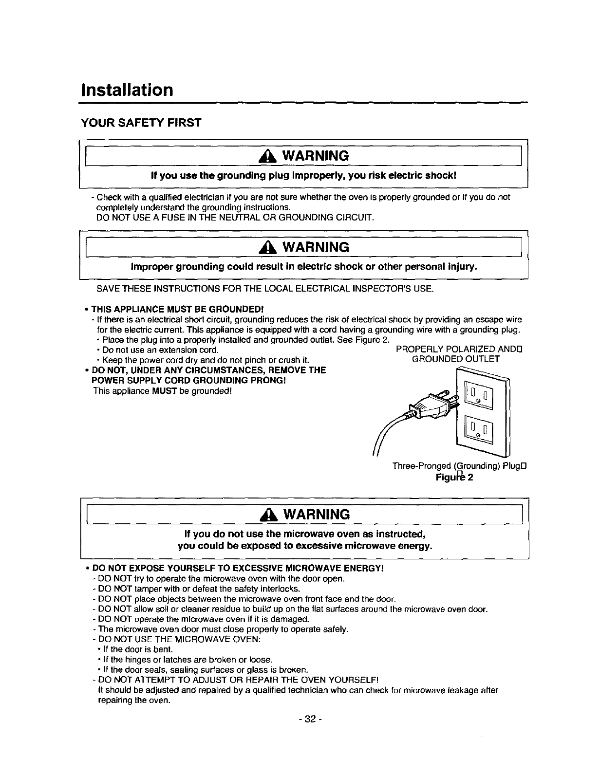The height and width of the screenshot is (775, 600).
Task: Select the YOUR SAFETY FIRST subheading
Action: [x=141, y=123]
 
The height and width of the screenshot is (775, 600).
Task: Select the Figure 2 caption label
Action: [x=454, y=477]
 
